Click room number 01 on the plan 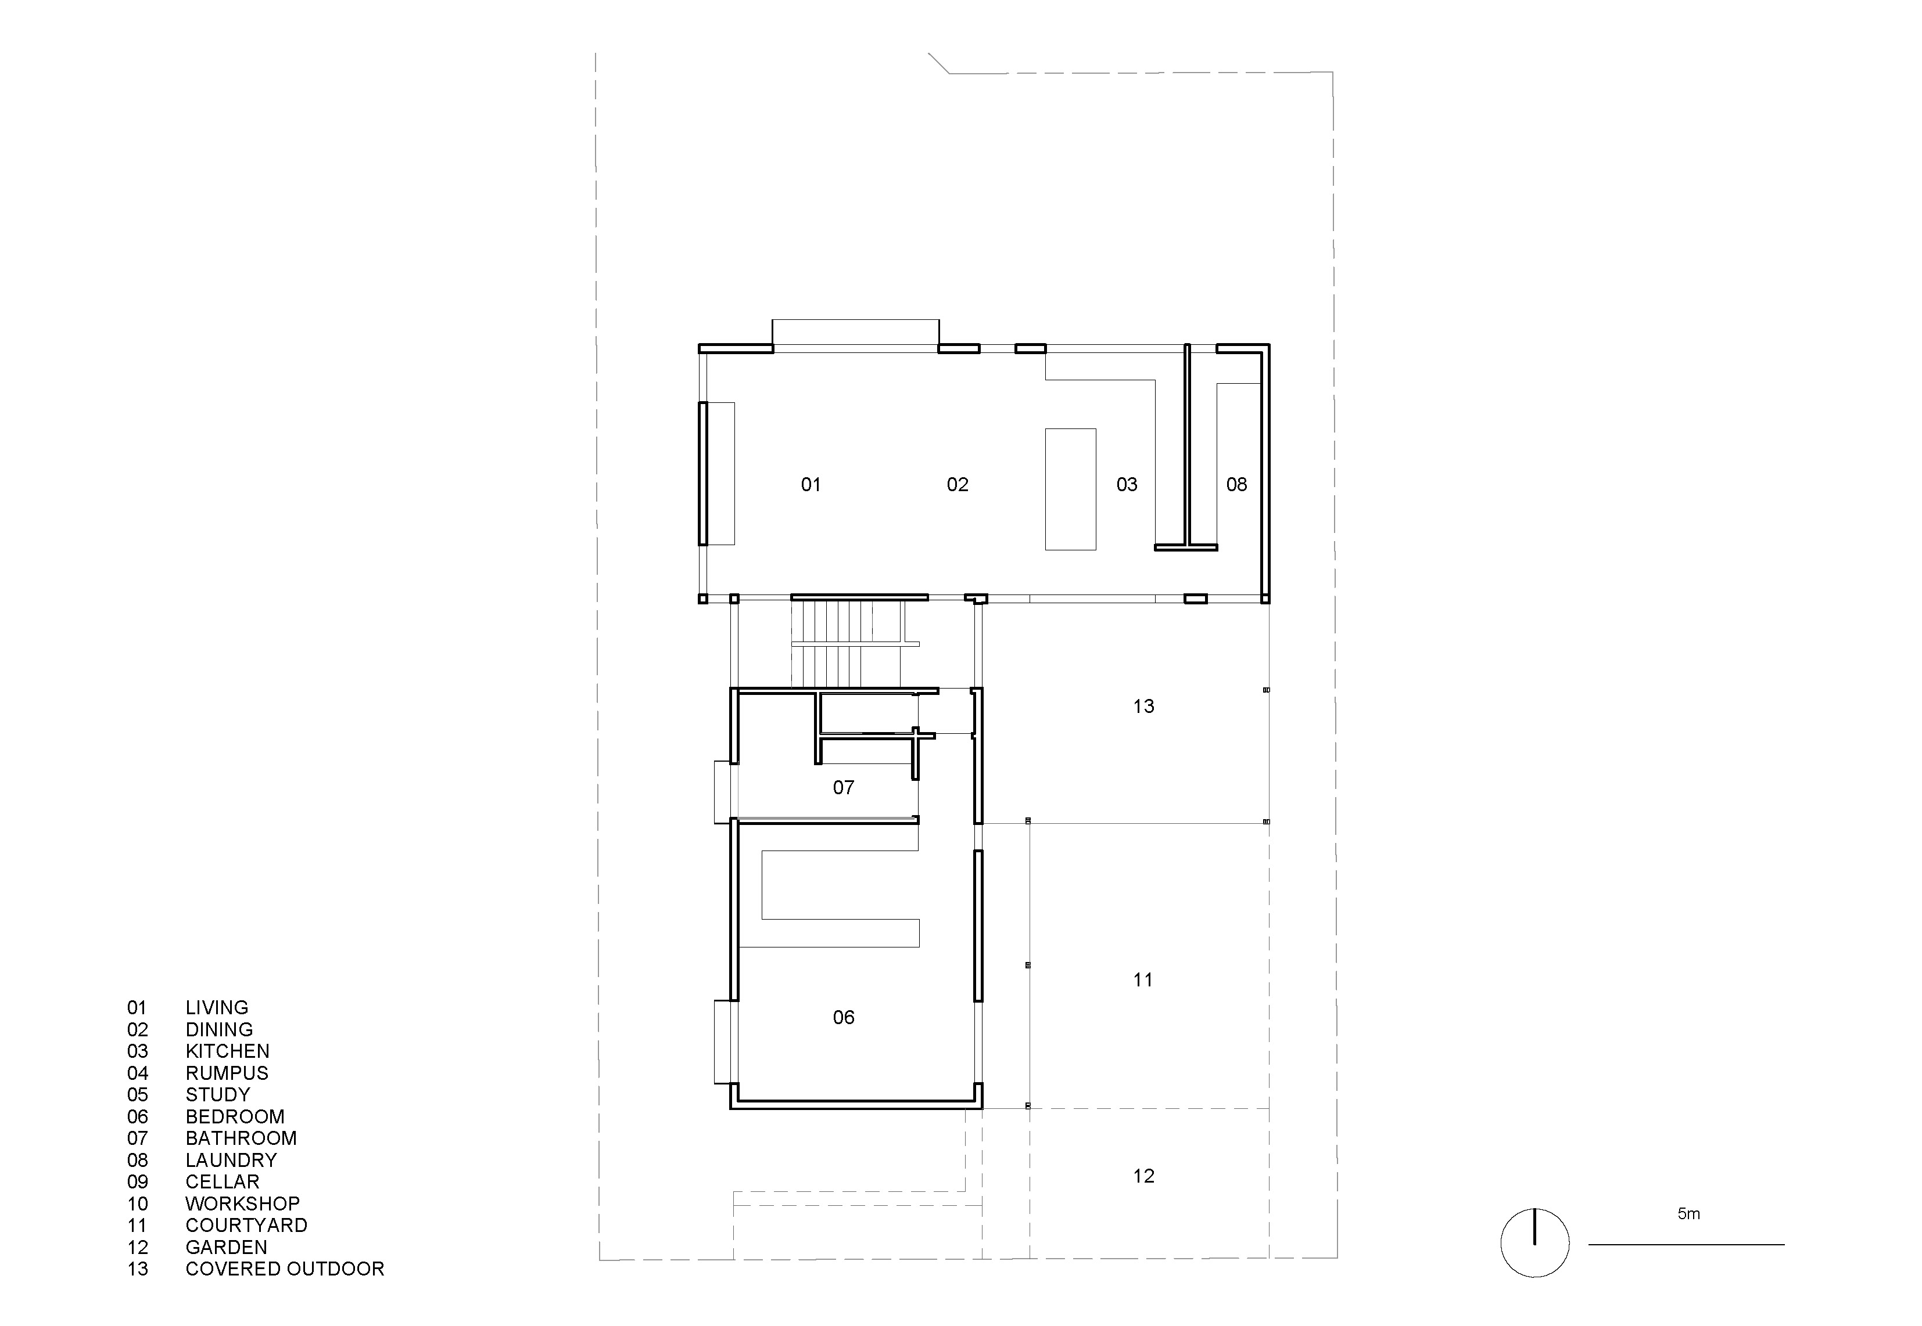(x=811, y=484)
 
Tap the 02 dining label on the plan (x=958, y=484)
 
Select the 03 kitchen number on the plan (x=1127, y=484)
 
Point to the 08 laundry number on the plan (x=1236, y=484)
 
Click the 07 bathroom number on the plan (x=843, y=788)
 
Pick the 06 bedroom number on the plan (x=843, y=1017)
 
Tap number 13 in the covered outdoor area (x=1143, y=706)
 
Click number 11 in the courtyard (x=1143, y=979)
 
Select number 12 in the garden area (x=1143, y=1176)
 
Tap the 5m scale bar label (x=1688, y=1214)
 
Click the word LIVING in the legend (x=217, y=1008)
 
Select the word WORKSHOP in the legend (x=242, y=1204)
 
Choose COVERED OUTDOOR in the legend (x=284, y=1269)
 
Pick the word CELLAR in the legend (x=222, y=1181)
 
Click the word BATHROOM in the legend (x=241, y=1138)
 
